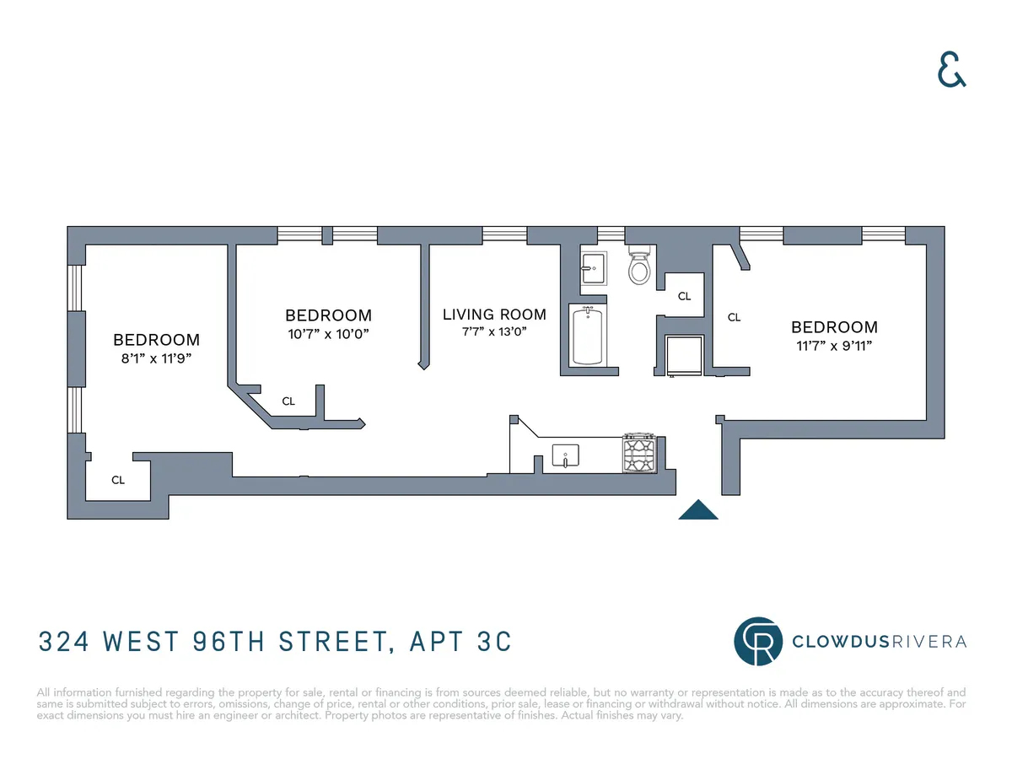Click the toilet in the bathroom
(x=640, y=268)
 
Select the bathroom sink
(x=592, y=268)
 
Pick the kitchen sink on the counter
(x=566, y=456)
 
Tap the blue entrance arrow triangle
(x=698, y=510)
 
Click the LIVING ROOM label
(x=494, y=315)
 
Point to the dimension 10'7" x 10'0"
(x=328, y=334)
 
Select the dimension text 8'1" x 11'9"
(x=157, y=358)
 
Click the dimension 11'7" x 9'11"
(x=833, y=346)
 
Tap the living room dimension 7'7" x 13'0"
(x=494, y=332)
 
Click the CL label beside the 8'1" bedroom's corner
(x=118, y=480)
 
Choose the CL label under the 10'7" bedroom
(x=288, y=401)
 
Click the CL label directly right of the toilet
(x=684, y=296)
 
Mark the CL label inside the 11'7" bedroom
(x=734, y=318)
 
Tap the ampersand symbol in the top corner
(x=952, y=72)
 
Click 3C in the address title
(x=489, y=642)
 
